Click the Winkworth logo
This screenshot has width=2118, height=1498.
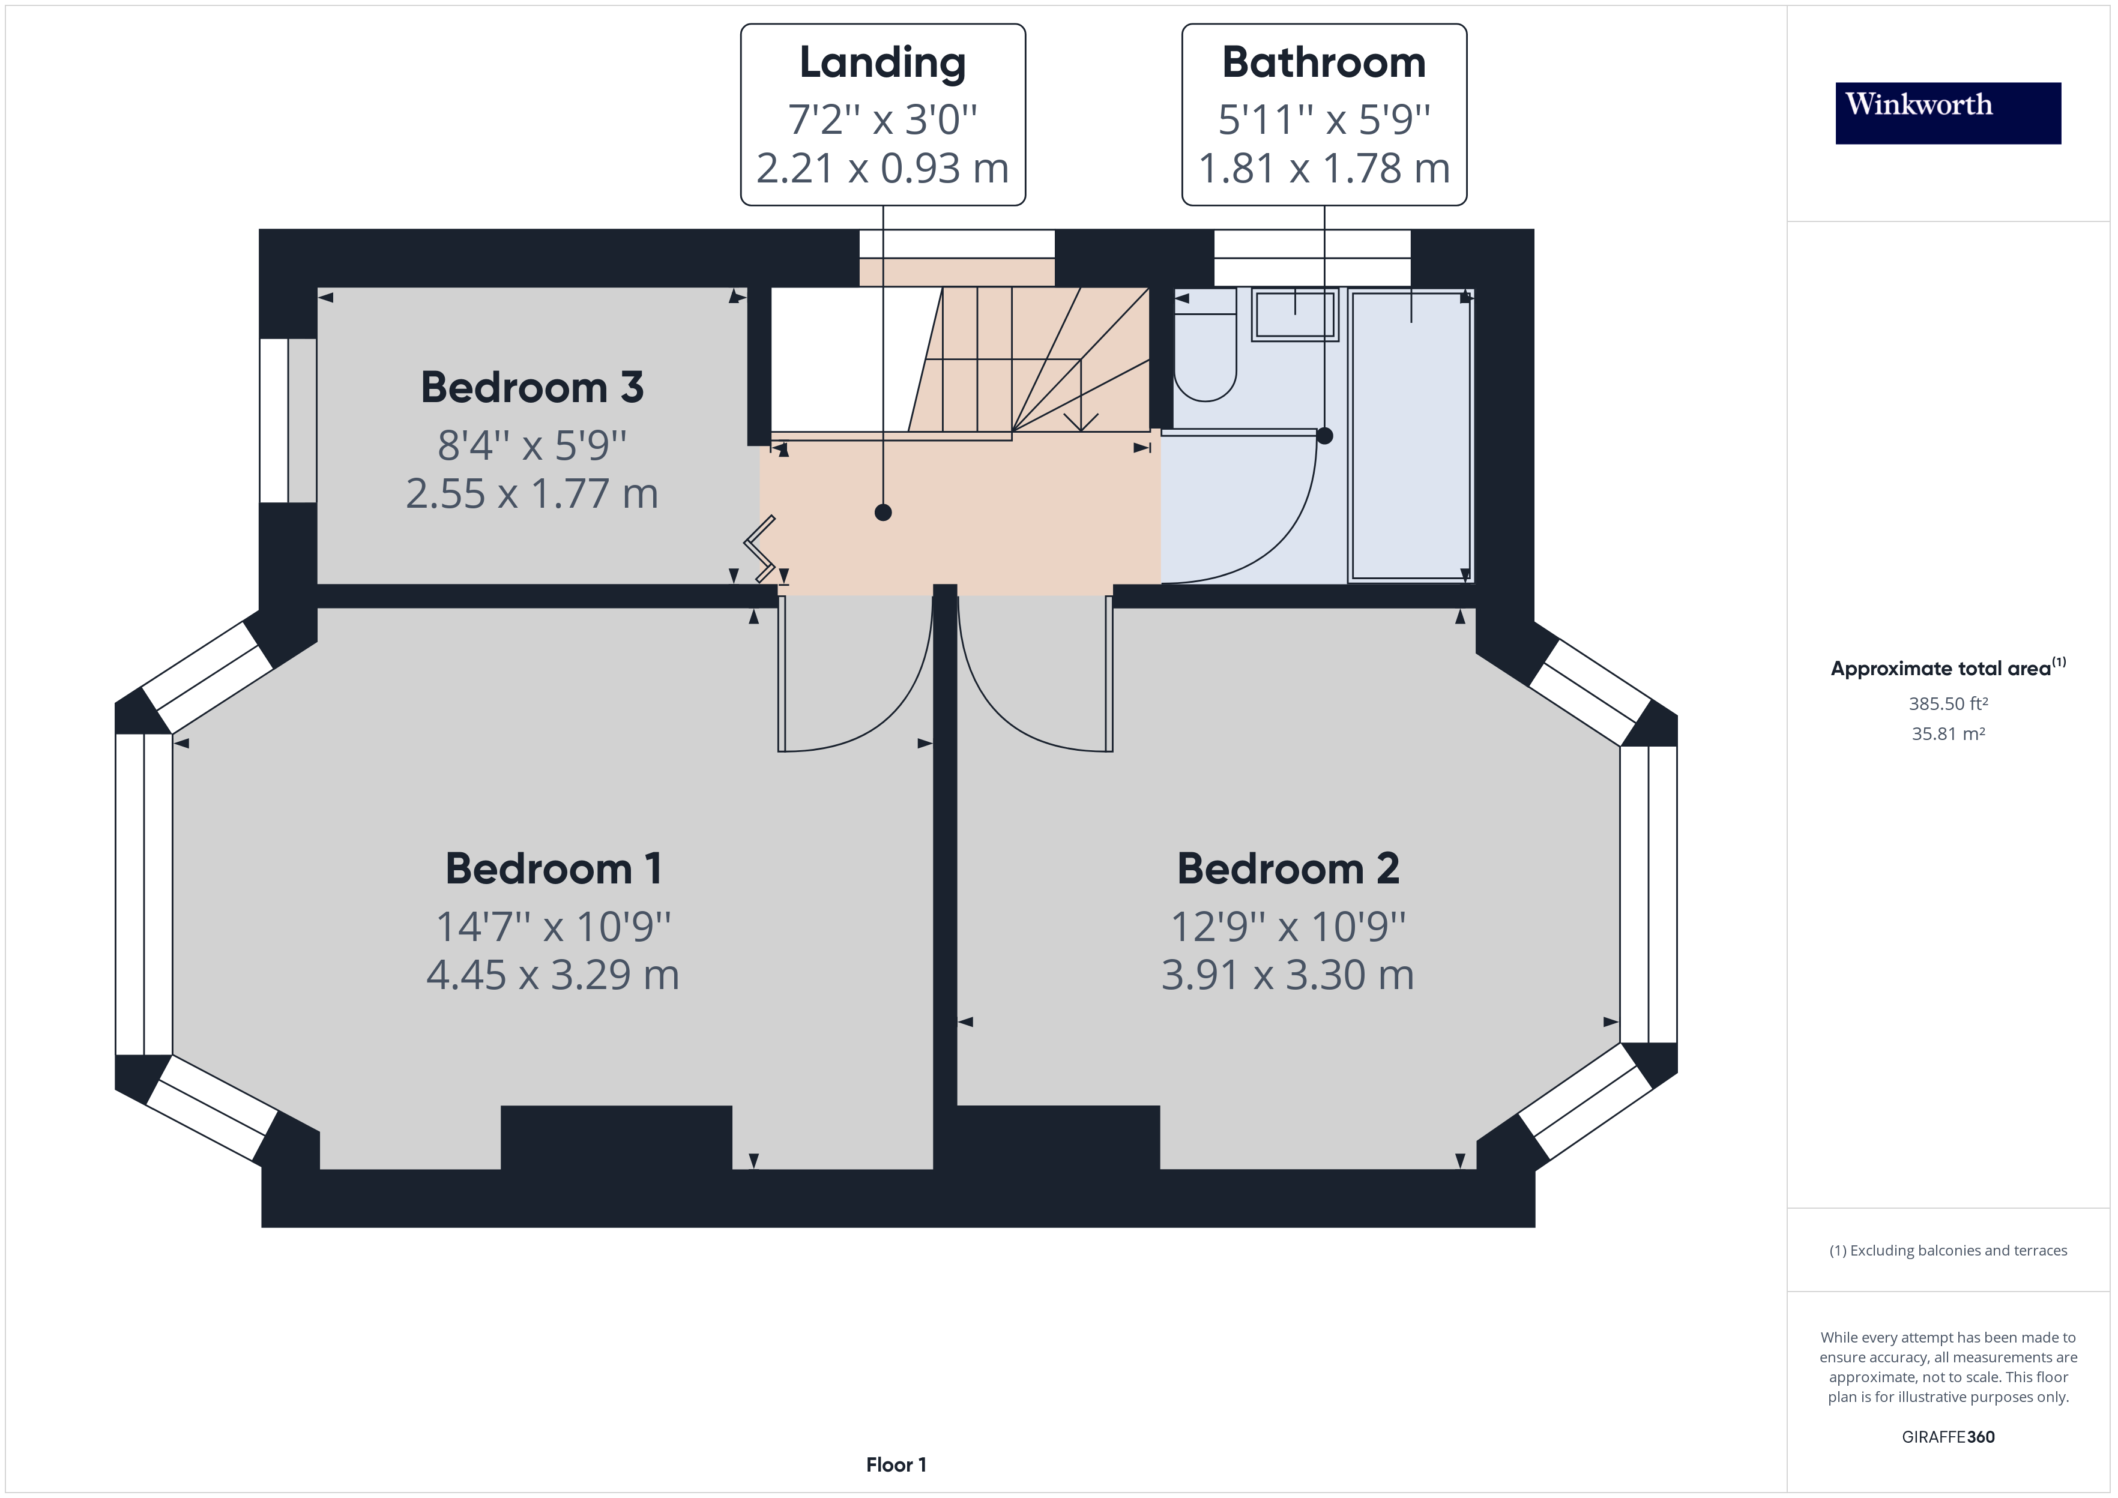(x=1948, y=113)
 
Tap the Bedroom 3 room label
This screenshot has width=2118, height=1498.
(x=533, y=388)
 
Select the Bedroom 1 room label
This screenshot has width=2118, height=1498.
(x=554, y=869)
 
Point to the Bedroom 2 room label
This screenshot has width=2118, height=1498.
(x=1288, y=869)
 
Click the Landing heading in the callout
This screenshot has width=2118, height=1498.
(x=883, y=63)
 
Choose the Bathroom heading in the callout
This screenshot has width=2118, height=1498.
(x=1324, y=63)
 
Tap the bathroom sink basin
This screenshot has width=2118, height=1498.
(x=1294, y=316)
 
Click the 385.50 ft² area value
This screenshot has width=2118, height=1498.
(x=1948, y=704)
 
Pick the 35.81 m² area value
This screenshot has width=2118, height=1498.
(x=1948, y=734)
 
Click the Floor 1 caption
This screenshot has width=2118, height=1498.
(x=896, y=1465)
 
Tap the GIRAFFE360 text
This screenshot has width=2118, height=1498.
(x=1948, y=1437)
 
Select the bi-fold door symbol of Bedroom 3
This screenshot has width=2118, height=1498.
(x=760, y=550)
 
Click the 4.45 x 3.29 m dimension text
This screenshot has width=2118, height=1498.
(x=552, y=975)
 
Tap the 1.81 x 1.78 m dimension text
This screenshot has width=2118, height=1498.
(x=1324, y=169)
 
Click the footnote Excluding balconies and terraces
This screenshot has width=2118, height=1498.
(x=1948, y=1251)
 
